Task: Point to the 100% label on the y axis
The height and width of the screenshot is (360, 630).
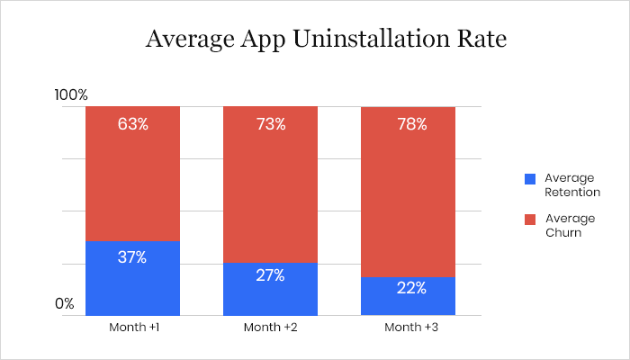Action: click(x=71, y=94)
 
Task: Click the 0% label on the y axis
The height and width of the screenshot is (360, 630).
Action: click(x=64, y=303)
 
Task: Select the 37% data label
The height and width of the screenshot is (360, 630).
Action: click(x=132, y=256)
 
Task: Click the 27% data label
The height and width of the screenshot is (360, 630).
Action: click(x=270, y=275)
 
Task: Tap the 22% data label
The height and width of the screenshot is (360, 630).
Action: click(x=408, y=288)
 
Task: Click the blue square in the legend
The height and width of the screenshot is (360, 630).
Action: click(x=530, y=179)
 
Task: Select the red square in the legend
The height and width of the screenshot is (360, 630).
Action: click(x=530, y=219)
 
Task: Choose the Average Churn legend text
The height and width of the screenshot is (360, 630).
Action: click(x=570, y=225)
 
